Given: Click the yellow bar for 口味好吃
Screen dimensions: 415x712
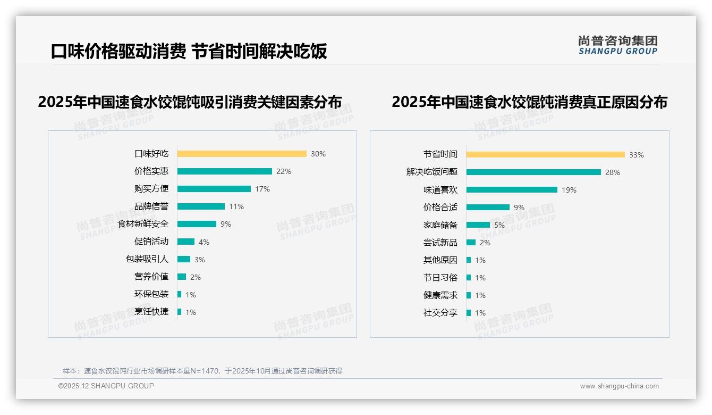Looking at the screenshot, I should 242,154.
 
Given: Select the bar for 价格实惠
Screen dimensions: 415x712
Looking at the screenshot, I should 224,171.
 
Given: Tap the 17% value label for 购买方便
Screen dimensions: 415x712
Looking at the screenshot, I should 262,189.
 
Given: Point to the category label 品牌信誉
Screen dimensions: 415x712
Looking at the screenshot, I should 151,206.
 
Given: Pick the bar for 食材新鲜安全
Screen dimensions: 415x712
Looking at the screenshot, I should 197,224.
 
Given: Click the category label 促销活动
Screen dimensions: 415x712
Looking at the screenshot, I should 151,242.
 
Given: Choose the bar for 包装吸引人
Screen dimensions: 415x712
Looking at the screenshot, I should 184,259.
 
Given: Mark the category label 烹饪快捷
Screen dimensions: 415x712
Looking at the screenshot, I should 151,312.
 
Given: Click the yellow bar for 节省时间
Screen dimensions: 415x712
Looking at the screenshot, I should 546,155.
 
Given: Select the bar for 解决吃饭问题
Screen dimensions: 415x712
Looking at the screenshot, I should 533,172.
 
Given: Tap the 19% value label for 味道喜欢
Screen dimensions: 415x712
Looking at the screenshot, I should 569,190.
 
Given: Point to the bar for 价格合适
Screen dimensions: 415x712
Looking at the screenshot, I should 488,207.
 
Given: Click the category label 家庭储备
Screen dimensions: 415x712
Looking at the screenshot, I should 440,225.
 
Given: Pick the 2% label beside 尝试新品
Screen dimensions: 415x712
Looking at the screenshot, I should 485,243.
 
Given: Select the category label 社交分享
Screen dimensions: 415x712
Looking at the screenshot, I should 440,313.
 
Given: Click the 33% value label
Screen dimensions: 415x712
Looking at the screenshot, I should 637,155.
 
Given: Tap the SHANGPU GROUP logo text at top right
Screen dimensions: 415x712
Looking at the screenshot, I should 618,52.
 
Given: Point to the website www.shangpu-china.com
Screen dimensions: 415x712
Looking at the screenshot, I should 619,386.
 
